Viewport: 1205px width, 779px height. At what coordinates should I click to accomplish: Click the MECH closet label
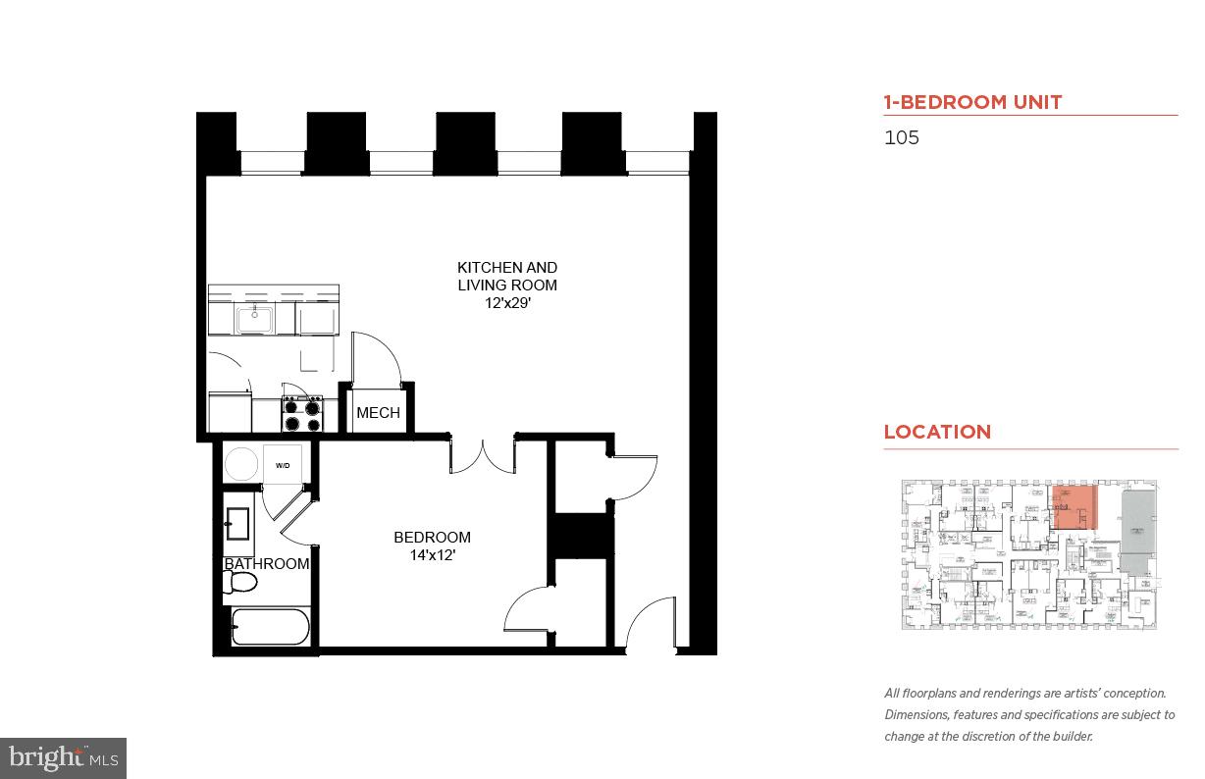pos(378,413)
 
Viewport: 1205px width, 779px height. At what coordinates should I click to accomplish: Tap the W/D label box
pos(283,465)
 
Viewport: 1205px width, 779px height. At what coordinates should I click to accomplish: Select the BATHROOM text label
pos(267,564)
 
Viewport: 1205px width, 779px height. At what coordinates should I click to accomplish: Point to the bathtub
pos(270,627)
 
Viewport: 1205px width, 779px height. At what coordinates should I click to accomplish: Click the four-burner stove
pos(302,414)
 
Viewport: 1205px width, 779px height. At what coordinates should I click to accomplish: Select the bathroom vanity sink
pos(237,524)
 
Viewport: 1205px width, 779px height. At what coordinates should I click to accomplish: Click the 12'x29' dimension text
pos(507,303)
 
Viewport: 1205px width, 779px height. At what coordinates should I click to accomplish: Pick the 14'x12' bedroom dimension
pos(432,555)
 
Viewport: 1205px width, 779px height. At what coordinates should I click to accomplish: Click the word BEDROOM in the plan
pos(432,538)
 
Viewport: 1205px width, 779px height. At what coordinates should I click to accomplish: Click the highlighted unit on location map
pos(1072,507)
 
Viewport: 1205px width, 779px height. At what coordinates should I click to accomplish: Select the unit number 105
pos(902,137)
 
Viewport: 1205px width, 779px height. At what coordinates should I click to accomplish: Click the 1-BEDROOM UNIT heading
pos(972,102)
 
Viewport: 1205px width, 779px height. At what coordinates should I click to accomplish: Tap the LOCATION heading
pos(937,432)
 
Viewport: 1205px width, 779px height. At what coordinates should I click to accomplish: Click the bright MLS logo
pos(63,757)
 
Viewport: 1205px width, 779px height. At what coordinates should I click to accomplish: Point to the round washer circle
pos(241,464)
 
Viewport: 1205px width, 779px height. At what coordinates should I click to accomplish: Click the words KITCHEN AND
pos(507,267)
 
